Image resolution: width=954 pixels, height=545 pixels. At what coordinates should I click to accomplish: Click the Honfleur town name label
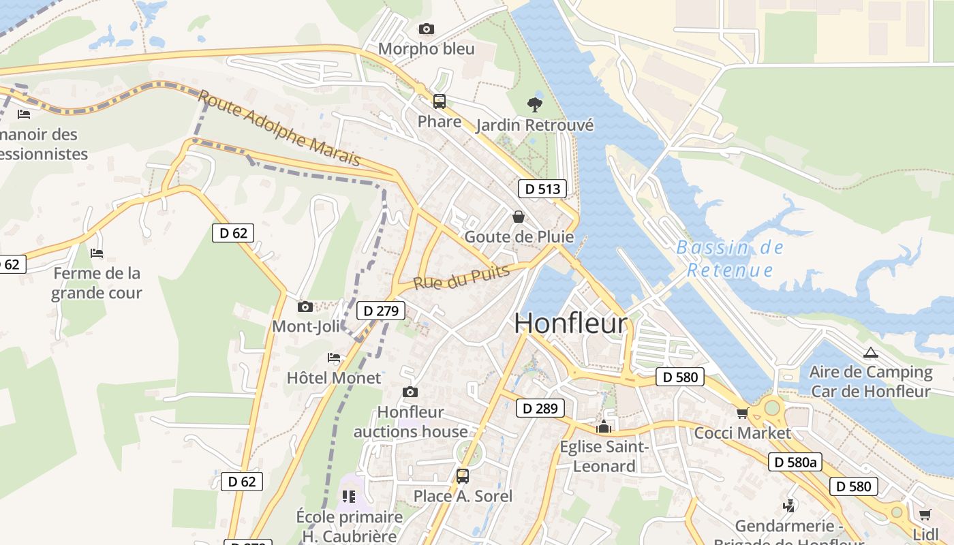(570, 323)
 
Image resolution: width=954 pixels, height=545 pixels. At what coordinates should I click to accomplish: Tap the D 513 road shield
(542, 189)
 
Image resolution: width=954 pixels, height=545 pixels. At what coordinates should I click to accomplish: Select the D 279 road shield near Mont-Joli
(380, 311)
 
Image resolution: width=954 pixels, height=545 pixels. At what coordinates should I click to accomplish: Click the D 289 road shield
(540, 408)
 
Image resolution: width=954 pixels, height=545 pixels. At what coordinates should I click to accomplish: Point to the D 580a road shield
(795, 462)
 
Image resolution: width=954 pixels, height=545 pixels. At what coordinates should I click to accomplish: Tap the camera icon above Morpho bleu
(427, 29)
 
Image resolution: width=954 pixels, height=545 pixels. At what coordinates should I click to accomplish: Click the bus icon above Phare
(440, 102)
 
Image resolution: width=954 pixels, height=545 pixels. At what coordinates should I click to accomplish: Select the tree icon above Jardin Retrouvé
(535, 104)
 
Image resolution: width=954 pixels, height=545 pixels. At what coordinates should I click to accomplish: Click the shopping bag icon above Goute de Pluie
(519, 217)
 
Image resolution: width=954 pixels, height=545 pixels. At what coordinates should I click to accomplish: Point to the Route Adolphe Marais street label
(279, 128)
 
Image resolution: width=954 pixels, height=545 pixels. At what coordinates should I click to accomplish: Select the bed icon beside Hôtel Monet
(334, 357)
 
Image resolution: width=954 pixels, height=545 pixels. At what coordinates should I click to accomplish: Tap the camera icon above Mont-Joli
(305, 307)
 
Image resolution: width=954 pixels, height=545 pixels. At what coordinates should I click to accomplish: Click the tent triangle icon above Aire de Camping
(870, 353)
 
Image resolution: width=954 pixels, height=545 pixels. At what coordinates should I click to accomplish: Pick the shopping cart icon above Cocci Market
(742, 413)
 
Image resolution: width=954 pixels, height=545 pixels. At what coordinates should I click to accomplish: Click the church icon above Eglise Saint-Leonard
(603, 427)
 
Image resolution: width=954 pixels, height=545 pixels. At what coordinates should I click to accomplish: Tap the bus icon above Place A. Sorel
(463, 476)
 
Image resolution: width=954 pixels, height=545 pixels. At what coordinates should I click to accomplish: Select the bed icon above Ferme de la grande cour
(97, 253)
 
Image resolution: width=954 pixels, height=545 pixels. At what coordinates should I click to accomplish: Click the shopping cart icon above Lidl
(925, 514)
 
